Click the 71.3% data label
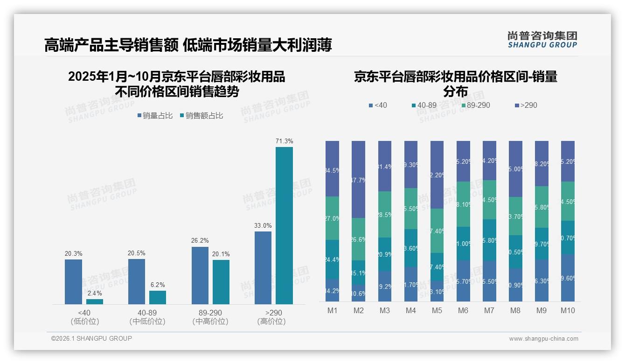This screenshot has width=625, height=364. tap(284, 141)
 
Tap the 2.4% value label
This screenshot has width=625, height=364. tap(95, 293)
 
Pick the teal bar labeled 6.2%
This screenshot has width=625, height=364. tap(158, 297)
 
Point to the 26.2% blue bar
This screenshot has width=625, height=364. tap(200, 275)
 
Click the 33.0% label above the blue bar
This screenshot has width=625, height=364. tap(263, 225)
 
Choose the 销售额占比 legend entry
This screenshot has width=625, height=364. tap(201, 116)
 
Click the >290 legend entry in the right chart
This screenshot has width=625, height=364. tap(526, 105)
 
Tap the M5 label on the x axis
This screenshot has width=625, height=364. tap(437, 310)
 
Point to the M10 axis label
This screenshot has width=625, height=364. tap(568, 310)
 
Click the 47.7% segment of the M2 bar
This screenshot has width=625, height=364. tap(358, 180)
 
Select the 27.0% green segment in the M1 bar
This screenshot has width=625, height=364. tap(333, 218)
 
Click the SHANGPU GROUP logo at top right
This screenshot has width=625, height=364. tap(542, 40)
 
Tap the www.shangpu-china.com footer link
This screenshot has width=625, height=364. tap(543, 339)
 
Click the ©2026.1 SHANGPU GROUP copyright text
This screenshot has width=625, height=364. tap(91, 338)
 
